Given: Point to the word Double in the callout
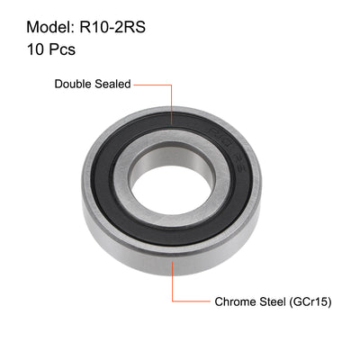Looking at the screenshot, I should (73, 85).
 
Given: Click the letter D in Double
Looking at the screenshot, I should (59, 85).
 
